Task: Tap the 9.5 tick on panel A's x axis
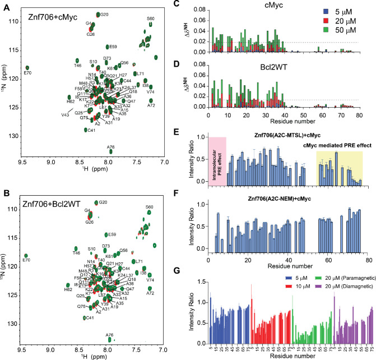click(x=22, y=174)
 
